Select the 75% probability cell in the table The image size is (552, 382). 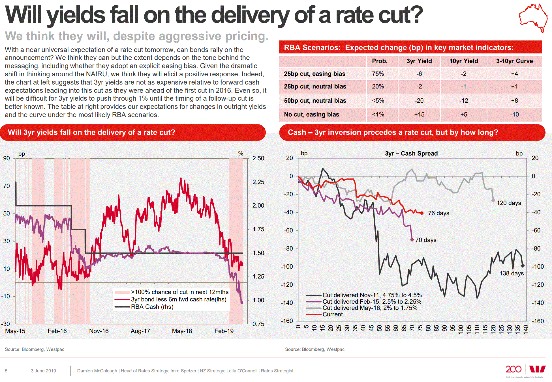coord(378,74)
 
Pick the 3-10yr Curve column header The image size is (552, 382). coord(514,61)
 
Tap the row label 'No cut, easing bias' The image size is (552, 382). coord(311,115)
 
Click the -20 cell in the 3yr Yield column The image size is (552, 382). coord(419,101)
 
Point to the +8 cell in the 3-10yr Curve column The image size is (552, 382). coord(514,101)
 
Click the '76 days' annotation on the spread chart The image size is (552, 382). coord(438,213)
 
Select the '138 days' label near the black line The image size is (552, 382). coord(511,273)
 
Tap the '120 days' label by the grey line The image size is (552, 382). coord(509,203)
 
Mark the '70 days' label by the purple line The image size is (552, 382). coord(426,240)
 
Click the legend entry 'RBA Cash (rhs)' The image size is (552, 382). coord(152,307)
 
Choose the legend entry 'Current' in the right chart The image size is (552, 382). coord(333,314)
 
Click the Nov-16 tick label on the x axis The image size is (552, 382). coord(99,331)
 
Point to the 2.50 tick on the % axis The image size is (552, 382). coord(258,158)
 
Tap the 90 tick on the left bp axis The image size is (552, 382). coord(7,158)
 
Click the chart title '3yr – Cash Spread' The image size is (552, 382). coord(411,154)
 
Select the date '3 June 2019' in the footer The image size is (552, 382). coord(43,371)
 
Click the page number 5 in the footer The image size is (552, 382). coord(6,371)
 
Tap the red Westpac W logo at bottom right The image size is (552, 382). coord(537,369)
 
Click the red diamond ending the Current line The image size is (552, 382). coord(422,213)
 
